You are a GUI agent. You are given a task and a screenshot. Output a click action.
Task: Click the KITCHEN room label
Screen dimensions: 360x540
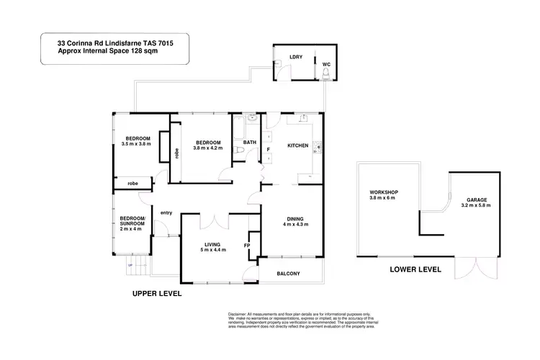tap(298, 145)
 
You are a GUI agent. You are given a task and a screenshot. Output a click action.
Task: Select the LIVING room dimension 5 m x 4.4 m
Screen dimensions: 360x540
tap(212, 250)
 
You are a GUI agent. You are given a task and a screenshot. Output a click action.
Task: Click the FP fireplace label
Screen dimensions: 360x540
tap(247, 246)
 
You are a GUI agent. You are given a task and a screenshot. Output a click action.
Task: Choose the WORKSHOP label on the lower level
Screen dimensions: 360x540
tap(384, 192)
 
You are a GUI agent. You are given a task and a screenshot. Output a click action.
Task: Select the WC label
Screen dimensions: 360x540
tap(326, 63)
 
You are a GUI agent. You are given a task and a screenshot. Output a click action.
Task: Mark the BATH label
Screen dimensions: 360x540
tap(250, 143)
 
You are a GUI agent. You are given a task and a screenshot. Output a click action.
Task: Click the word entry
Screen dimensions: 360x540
tap(166, 212)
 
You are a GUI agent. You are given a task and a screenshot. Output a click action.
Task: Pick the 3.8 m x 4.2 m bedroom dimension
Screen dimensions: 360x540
tap(208, 148)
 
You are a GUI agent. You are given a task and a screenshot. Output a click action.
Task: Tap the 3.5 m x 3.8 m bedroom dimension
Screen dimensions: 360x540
tap(138, 145)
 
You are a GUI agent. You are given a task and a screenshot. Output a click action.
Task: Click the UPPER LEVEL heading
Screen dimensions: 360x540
tap(157, 294)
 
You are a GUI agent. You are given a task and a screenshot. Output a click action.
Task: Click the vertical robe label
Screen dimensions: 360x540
tap(176, 153)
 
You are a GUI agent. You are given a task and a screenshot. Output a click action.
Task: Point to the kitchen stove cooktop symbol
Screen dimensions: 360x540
tap(318, 148)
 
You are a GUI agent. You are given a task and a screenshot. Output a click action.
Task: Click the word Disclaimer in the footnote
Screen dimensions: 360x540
tap(238, 315)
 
